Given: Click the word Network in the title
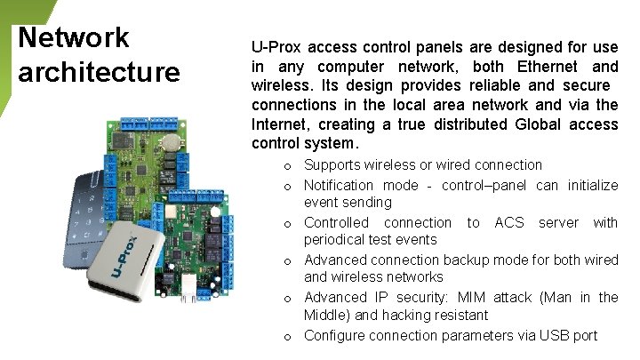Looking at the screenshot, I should pyautogui.click(x=74, y=37).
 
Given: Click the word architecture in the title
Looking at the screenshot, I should pyautogui.click(x=98, y=71).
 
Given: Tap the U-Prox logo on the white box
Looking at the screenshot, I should pyautogui.click(x=129, y=254).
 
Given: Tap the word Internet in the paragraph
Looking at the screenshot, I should pyautogui.click(x=281, y=124).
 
